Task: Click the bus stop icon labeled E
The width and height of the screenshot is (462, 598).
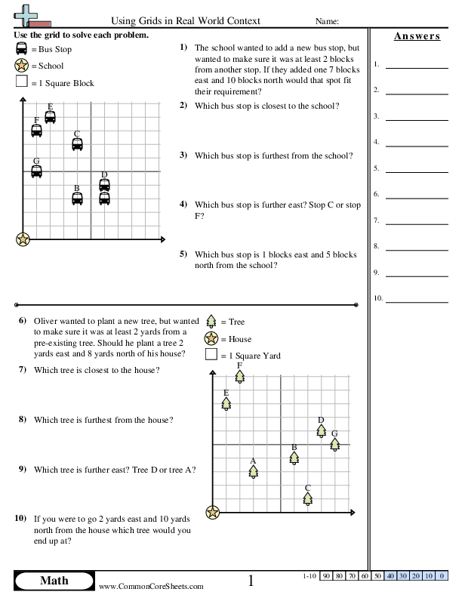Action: click(x=50, y=117)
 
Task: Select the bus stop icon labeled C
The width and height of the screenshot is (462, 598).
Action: click(x=77, y=144)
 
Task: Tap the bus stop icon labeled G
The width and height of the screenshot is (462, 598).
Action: click(x=36, y=171)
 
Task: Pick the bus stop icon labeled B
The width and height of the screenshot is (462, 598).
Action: click(x=77, y=199)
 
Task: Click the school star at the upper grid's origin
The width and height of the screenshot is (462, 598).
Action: click(x=23, y=239)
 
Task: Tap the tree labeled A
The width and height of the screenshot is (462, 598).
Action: click(x=253, y=471)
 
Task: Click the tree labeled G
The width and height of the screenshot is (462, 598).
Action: click(x=334, y=444)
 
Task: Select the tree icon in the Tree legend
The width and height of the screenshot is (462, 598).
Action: click(x=211, y=322)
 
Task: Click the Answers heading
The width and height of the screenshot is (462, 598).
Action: click(x=417, y=36)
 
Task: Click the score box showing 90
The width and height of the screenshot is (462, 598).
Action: click(x=326, y=576)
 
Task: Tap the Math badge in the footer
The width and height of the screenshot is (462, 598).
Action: click(x=53, y=580)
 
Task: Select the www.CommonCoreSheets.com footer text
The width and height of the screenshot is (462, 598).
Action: click(x=151, y=586)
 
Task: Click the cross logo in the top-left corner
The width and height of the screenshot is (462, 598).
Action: click(x=25, y=15)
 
